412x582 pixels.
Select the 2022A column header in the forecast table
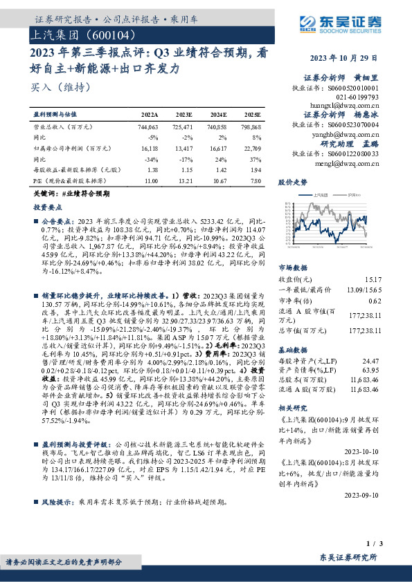pos(150,113)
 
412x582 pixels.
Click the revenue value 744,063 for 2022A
pos(148,128)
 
